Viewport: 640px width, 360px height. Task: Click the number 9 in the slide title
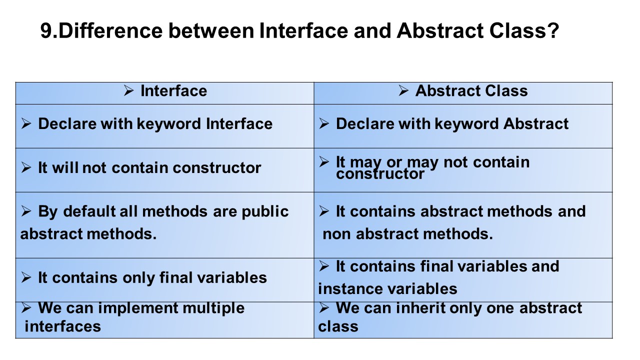[x=46, y=31]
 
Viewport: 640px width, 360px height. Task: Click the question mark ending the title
[x=552, y=31]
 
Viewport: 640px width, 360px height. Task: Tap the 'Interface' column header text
[x=173, y=91]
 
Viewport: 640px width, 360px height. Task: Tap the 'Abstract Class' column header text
[x=471, y=91]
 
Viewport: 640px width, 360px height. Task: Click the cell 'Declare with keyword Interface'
[x=155, y=124]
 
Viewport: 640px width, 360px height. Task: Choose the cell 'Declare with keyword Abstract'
[x=452, y=124]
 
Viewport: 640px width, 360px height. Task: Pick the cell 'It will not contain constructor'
[x=149, y=168]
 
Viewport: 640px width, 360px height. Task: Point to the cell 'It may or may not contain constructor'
[x=432, y=168]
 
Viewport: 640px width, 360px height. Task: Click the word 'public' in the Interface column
[x=265, y=211]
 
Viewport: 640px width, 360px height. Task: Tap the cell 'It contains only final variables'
[x=152, y=277]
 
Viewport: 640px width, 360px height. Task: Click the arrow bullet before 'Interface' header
[x=129, y=91]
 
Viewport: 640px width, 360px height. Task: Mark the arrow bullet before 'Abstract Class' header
[x=404, y=91]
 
